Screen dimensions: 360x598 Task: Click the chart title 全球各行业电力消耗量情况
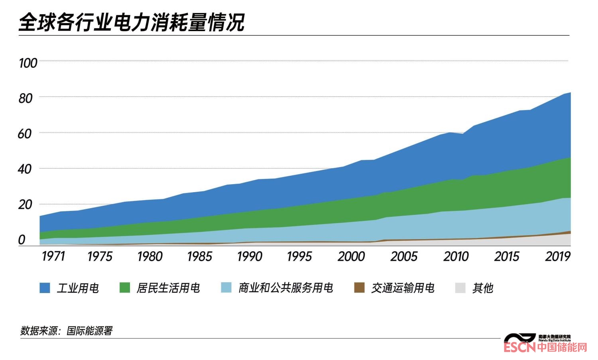[x=132, y=22]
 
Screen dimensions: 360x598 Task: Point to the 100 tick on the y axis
[x=28, y=63]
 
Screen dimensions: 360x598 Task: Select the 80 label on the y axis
[x=26, y=98]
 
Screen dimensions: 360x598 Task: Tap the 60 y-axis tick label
[x=25, y=134]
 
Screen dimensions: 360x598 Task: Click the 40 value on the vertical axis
[x=25, y=169]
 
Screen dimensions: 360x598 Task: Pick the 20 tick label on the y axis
[x=25, y=205]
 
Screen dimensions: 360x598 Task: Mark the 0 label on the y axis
[x=22, y=240]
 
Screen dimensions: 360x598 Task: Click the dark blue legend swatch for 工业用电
[x=45, y=288]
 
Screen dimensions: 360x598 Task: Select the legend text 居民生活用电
[x=168, y=288]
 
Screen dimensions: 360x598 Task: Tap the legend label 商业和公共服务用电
[x=285, y=288]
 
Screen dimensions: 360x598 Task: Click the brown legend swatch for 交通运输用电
[x=359, y=288]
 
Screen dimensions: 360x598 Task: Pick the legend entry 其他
[x=483, y=288]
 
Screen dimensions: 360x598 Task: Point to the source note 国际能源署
[x=89, y=330]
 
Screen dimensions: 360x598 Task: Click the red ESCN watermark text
[x=519, y=348]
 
